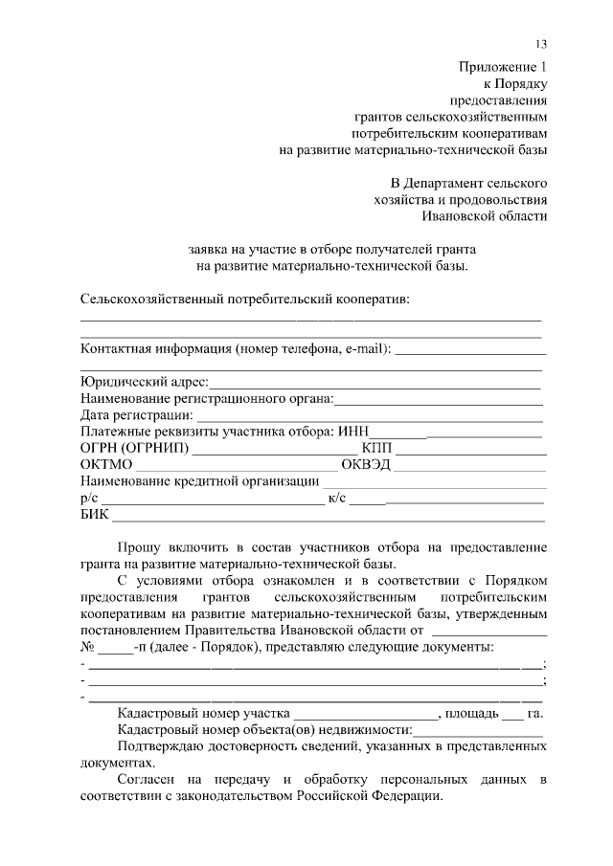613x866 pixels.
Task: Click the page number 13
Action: [x=541, y=45]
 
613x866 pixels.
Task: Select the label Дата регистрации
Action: [x=135, y=415]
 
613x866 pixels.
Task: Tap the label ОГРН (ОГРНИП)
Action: [x=135, y=448]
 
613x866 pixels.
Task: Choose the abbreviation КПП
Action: [x=376, y=448]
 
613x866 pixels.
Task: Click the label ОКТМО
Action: [x=106, y=465]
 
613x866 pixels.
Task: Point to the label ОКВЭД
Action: [x=365, y=465]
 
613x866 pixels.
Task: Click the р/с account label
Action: [x=89, y=498]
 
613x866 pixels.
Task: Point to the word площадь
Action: [x=471, y=713]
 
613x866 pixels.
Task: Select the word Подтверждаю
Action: [x=163, y=746]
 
